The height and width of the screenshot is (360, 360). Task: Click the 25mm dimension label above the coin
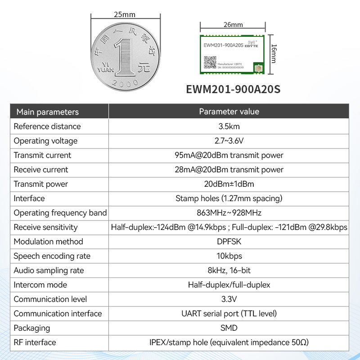pos(125,14)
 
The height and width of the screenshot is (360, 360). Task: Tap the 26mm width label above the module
pos(233,25)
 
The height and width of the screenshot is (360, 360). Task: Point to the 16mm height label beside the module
pos(274,53)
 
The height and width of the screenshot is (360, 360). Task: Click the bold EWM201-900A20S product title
pos(233,89)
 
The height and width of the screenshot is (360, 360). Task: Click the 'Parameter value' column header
pos(229,112)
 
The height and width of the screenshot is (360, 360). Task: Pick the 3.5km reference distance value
pos(229,126)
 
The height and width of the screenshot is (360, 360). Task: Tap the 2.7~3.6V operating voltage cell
pos(229,141)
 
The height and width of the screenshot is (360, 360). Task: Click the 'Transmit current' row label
pos(42,155)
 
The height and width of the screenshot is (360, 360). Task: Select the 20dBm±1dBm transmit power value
pos(229,184)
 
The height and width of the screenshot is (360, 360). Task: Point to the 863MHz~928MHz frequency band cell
pos(229,213)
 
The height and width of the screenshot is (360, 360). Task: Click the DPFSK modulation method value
pos(229,242)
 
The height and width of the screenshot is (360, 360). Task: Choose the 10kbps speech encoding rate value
pos(229,256)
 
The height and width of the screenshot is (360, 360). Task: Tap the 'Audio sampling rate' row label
pos(49,270)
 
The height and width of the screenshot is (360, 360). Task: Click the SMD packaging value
pos(229,328)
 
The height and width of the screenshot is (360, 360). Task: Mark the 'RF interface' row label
pos(35,342)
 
